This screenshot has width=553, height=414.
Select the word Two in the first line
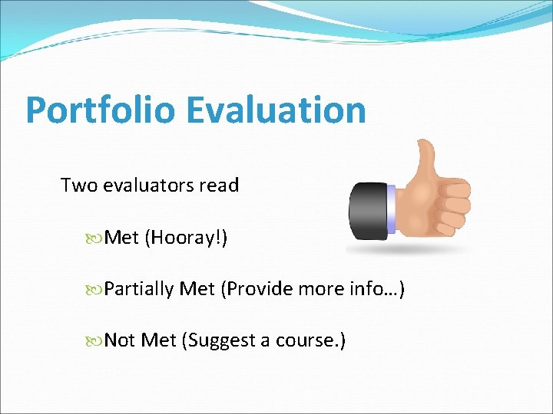pos(77,186)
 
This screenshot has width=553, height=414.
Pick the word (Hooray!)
pos(190,238)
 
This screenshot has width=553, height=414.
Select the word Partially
pos(139,290)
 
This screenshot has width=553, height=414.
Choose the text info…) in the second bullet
pos(376,290)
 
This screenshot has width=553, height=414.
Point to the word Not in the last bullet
pos(119,340)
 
